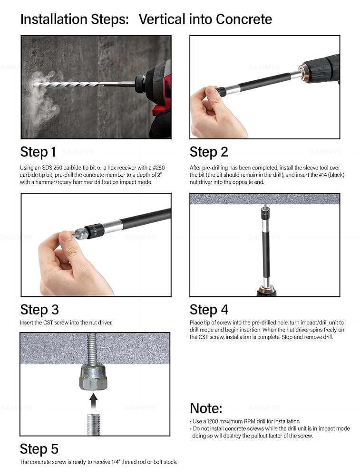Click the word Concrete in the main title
pyautogui.click(x=243, y=19)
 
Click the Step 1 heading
pyautogui.click(x=38, y=152)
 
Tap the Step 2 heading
pyautogui.click(x=209, y=152)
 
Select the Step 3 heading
pyautogui.click(x=39, y=310)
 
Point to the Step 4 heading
pyautogui.click(x=209, y=310)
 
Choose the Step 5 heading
pyautogui.click(x=39, y=449)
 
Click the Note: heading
pyautogui.click(x=206, y=408)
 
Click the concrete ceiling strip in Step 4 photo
pyautogui.click(x=264, y=199)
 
